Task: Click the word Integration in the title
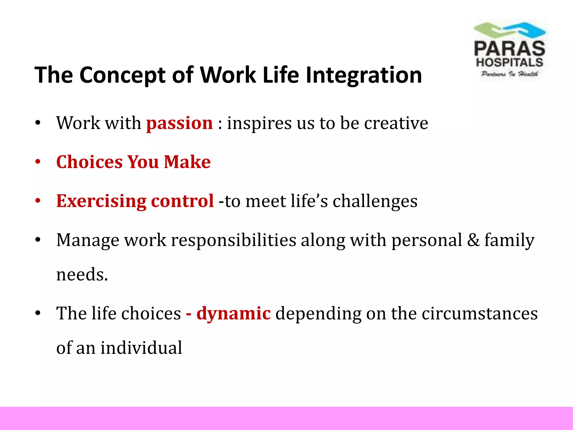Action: coord(364,75)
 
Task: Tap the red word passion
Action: coord(179,123)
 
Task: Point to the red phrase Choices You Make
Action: coord(133,162)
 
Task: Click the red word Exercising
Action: coord(101,201)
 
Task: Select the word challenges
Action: coord(375,201)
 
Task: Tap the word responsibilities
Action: coord(234,240)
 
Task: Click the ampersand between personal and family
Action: coord(473,240)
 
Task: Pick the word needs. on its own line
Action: coord(82,275)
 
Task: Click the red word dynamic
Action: coord(234,313)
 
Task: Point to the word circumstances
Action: coord(480,313)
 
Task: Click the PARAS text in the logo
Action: coord(509,49)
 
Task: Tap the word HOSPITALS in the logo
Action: coord(509,62)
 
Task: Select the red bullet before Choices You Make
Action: coord(38,162)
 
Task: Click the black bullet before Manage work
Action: coord(38,240)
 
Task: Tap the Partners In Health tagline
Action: coord(509,74)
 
